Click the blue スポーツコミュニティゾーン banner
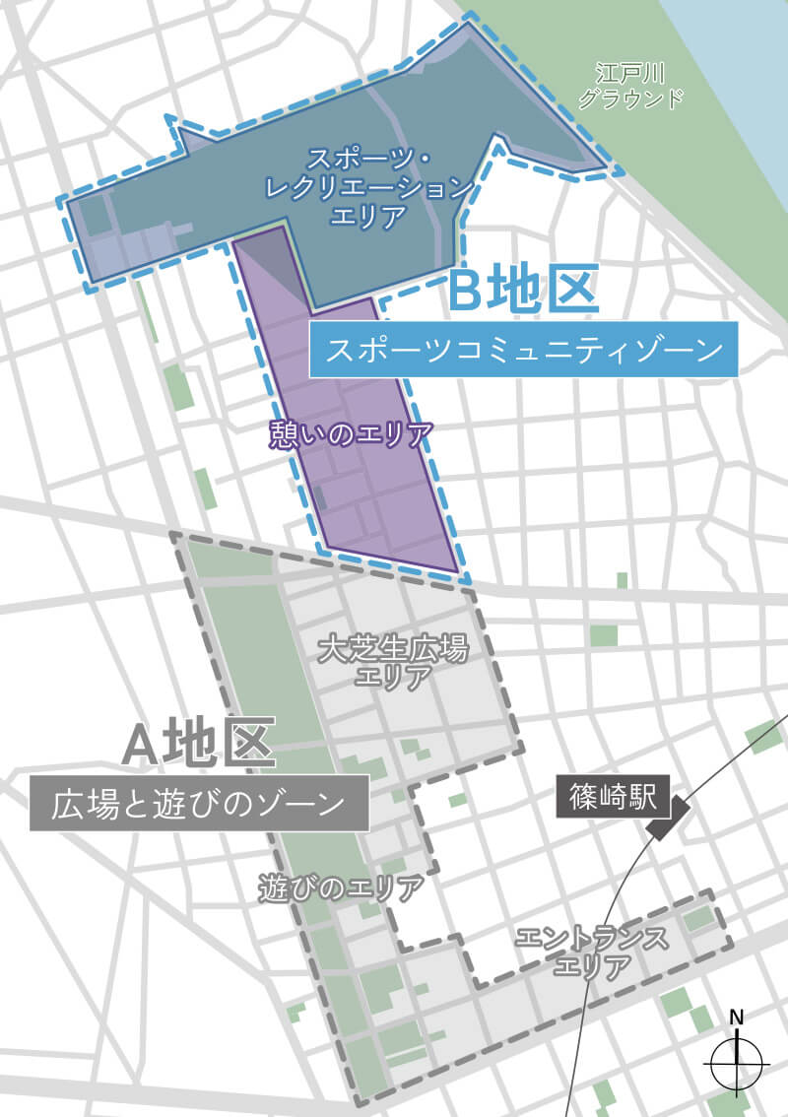523,350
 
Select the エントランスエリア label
591,952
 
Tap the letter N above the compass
737,1018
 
